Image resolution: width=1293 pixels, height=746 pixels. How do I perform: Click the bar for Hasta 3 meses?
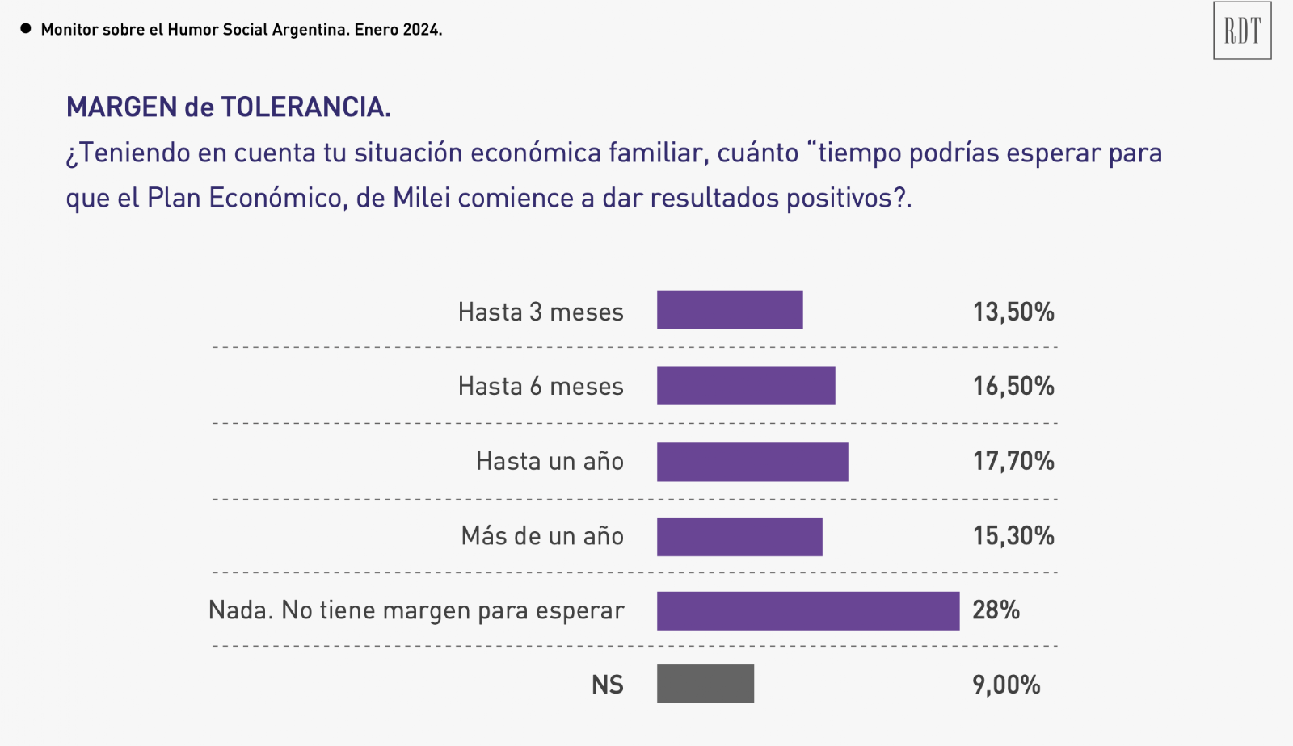(x=730, y=310)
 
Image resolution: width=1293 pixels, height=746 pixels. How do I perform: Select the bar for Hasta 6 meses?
(x=746, y=385)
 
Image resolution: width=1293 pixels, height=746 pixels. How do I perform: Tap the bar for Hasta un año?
(x=752, y=462)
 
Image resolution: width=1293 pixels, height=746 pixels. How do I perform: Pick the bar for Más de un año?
(x=739, y=537)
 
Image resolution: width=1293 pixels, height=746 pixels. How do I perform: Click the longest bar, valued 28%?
(x=808, y=611)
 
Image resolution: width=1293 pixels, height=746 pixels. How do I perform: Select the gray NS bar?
(x=705, y=684)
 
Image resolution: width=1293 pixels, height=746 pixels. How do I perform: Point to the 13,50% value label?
(x=1013, y=312)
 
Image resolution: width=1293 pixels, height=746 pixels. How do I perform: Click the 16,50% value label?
(x=1013, y=386)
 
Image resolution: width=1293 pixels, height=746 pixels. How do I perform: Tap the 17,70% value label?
(x=1013, y=461)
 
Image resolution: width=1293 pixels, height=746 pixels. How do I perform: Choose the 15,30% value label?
(x=1013, y=535)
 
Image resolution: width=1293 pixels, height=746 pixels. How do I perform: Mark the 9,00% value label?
(x=1006, y=685)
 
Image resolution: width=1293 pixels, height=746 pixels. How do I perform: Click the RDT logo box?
(x=1242, y=31)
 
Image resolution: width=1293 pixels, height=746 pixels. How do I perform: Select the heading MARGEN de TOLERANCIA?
(x=229, y=107)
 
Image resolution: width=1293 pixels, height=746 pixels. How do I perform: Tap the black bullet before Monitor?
(x=26, y=29)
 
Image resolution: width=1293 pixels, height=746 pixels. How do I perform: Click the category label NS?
(x=608, y=685)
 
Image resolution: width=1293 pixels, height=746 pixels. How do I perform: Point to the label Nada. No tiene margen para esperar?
(x=416, y=610)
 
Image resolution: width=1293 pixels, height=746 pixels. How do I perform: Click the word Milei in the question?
(x=421, y=198)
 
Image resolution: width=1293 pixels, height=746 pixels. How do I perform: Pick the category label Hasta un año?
(x=550, y=461)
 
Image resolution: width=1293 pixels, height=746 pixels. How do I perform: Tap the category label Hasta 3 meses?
(x=541, y=312)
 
